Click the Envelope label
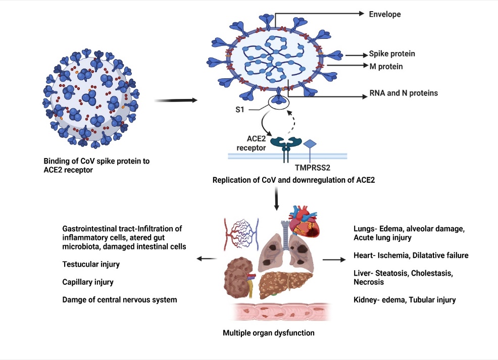[384, 14]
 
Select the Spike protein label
[392, 54]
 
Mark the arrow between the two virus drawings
[175, 100]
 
